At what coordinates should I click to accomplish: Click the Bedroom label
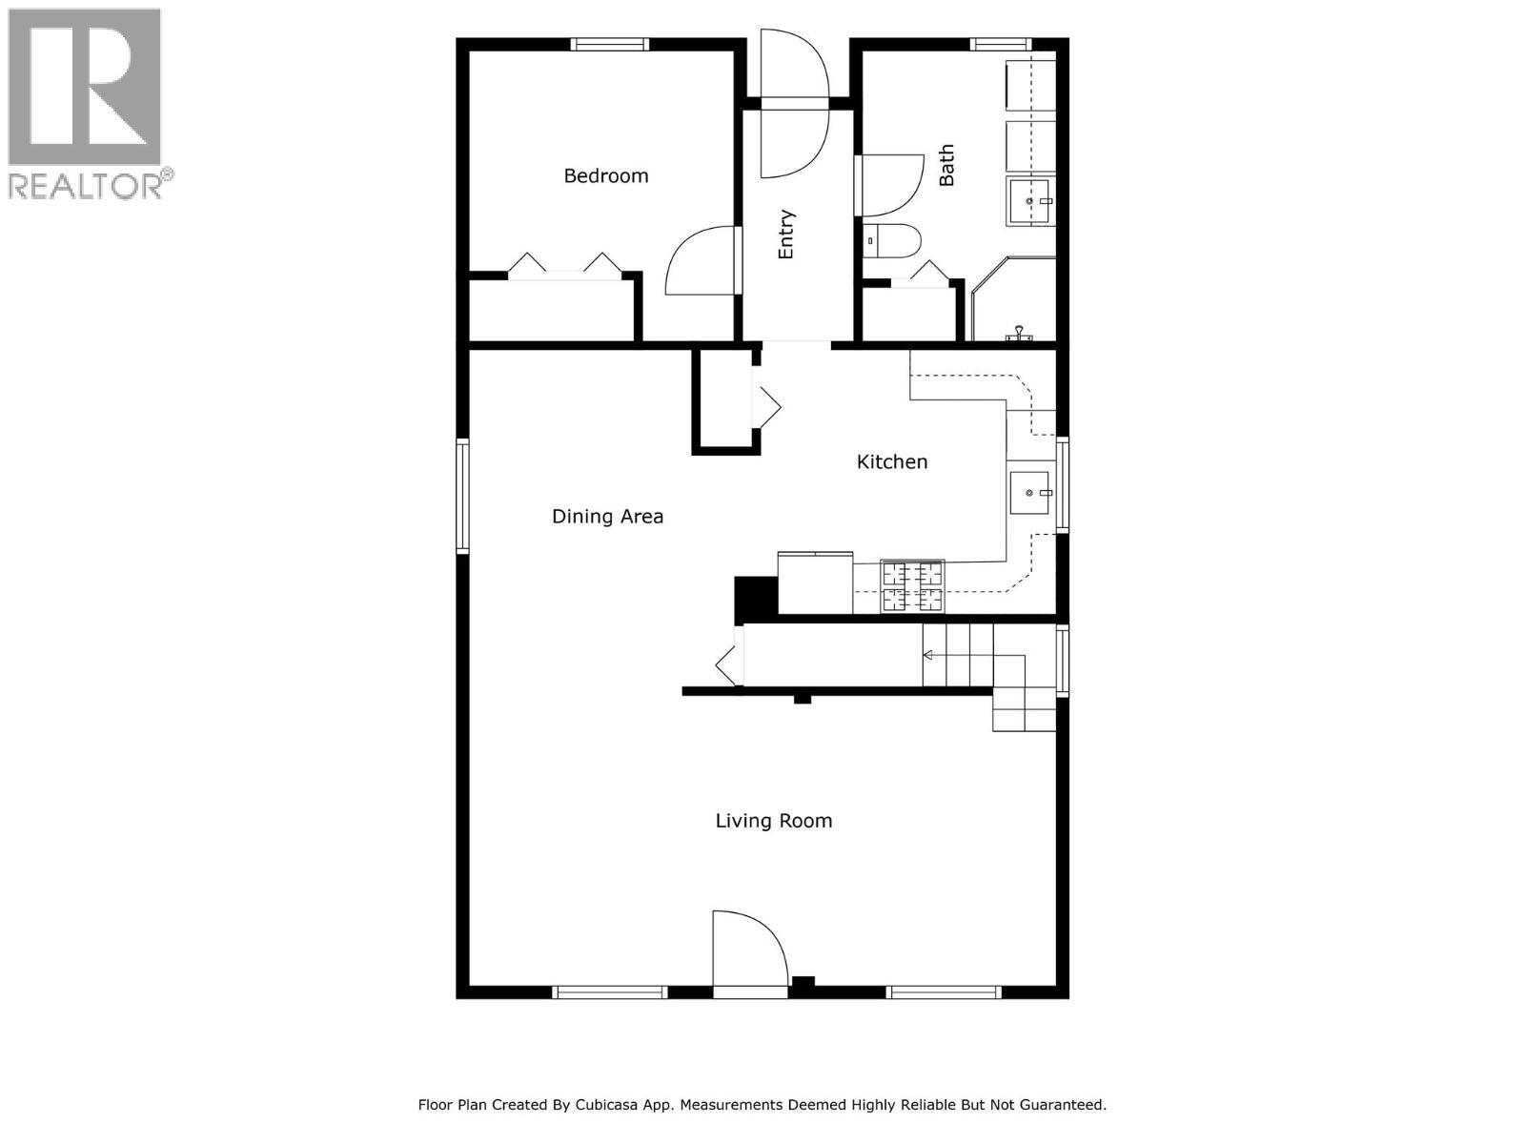pos(606,175)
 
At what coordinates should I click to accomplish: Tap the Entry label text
pos(786,235)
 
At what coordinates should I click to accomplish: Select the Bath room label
pos(946,166)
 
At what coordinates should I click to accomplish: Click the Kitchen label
pos(892,461)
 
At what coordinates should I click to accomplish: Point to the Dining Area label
pos(608,517)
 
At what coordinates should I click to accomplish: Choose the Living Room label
pos(774,821)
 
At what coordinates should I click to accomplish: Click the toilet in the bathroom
pos(891,241)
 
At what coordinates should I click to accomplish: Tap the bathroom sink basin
pos(1029,201)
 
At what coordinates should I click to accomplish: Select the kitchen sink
pos(1029,493)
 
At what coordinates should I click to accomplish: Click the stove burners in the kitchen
pos(913,586)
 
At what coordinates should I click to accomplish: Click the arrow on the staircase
pos(927,655)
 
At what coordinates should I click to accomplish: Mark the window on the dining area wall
pos(462,496)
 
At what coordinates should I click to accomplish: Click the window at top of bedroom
pos(610,44)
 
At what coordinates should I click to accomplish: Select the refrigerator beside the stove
pos(816,583)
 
